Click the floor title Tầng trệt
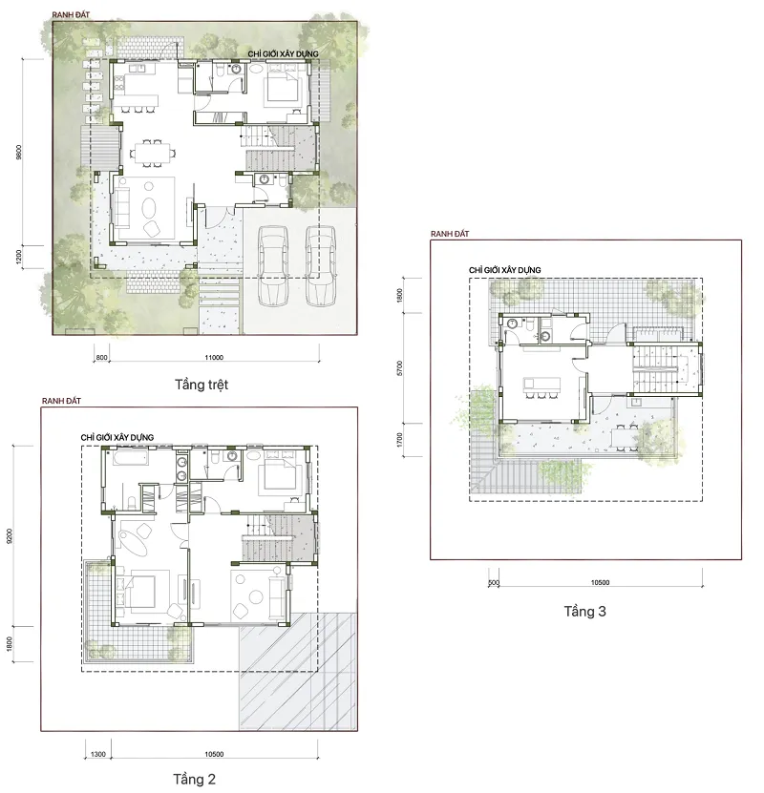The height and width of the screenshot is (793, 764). coord(202,385)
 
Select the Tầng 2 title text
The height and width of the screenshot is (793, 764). coord(194,780)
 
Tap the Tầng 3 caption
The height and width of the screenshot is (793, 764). coord(584,612)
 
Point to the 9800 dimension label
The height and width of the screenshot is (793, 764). coord(19,153)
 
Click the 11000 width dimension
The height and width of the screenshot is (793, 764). coord(214,358)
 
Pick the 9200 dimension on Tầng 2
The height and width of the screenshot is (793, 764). coord(10,536)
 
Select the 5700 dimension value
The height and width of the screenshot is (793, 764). coord(400,368)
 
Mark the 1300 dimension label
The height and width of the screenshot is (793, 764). coord(98,754)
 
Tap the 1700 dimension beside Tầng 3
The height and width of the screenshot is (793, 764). coord(400,440)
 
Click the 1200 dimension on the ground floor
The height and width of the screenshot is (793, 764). coord(19,257)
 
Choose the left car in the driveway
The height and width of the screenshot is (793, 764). coord(273,265)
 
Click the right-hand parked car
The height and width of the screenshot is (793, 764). coord(320,265)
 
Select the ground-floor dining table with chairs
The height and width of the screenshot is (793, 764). coord(152,153)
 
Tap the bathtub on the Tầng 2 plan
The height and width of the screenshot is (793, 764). coord(131,458)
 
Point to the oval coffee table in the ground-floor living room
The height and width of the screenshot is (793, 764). coord(149,207)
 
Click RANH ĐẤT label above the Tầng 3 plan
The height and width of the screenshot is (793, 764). coord(450,234)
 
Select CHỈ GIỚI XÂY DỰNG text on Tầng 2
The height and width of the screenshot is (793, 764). coord(117,437)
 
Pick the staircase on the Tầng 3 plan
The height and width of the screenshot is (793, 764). coord(655,368)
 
